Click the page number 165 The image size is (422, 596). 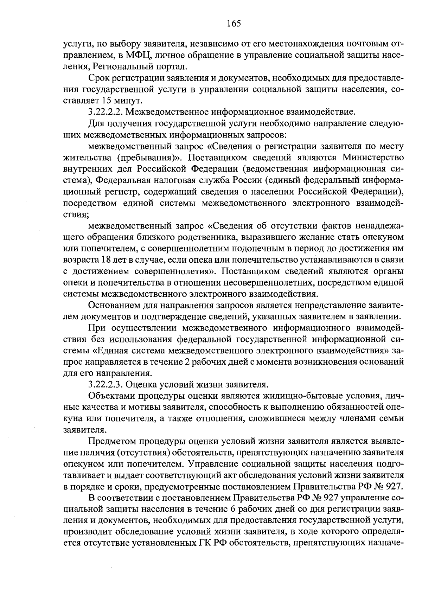(234, 24)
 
